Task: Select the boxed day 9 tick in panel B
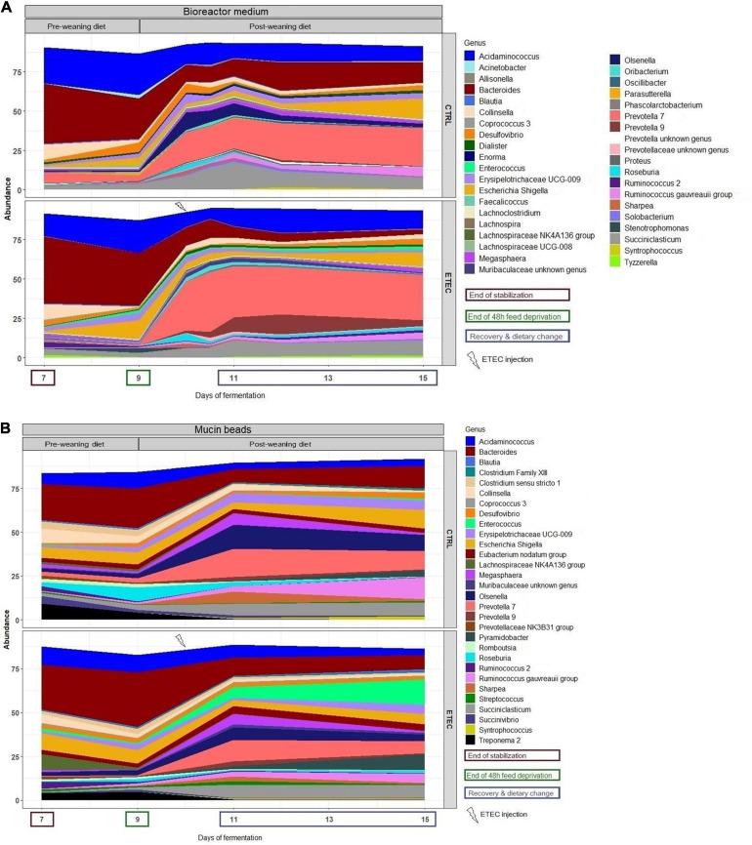click(138, 816)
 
